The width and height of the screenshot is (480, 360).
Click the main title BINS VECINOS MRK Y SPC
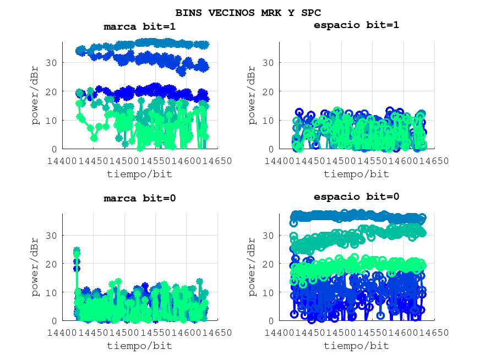(x=248, y=12)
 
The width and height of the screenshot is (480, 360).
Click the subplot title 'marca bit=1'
(x=140, y=26)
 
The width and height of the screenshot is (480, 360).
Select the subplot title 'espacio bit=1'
(x=356, y=25)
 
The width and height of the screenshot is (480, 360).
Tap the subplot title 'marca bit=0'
(x=140, y=198)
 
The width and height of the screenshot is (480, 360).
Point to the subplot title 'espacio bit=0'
(x=356, y=197)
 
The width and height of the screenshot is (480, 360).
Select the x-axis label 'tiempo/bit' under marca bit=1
(x=139, y=174)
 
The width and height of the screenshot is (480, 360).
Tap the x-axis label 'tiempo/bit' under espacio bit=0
(x=356, y=346)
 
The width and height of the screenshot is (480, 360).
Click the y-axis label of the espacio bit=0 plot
(x=252, y=267)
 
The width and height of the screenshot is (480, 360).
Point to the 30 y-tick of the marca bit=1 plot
(x=52, y=63)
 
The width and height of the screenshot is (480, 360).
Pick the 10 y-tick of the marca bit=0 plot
(x=52, y=292)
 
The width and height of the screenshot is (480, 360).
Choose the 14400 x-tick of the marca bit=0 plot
(x=62, y=332)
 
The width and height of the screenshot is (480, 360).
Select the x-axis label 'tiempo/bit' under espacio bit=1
(x=356, y=174)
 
